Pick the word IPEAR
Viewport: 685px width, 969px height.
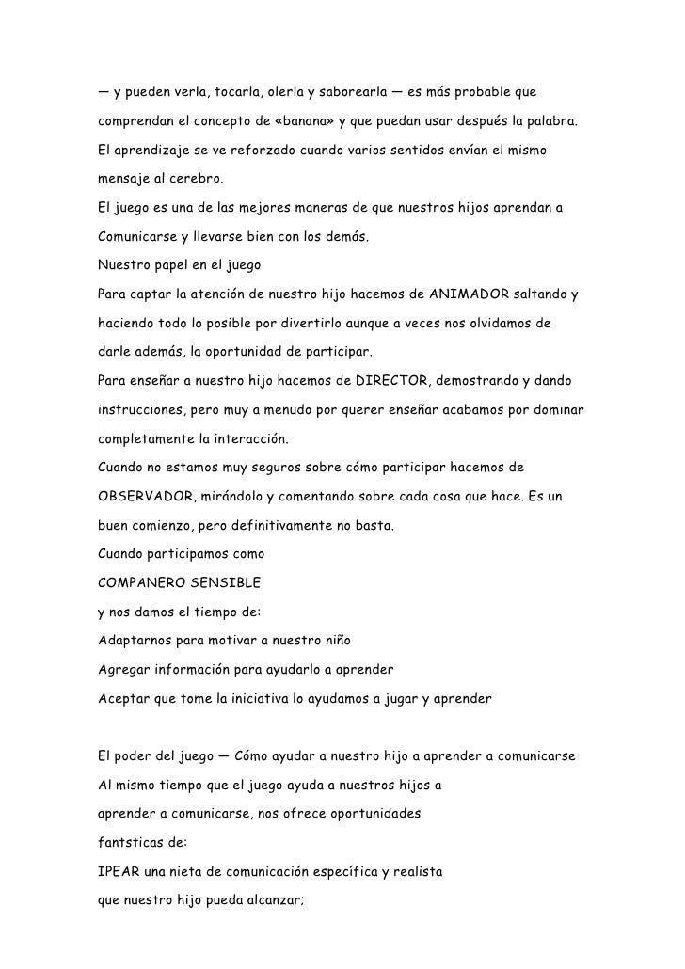(117, 871)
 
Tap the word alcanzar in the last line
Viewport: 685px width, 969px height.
(274, 900)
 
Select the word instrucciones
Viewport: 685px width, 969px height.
(141, 411)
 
